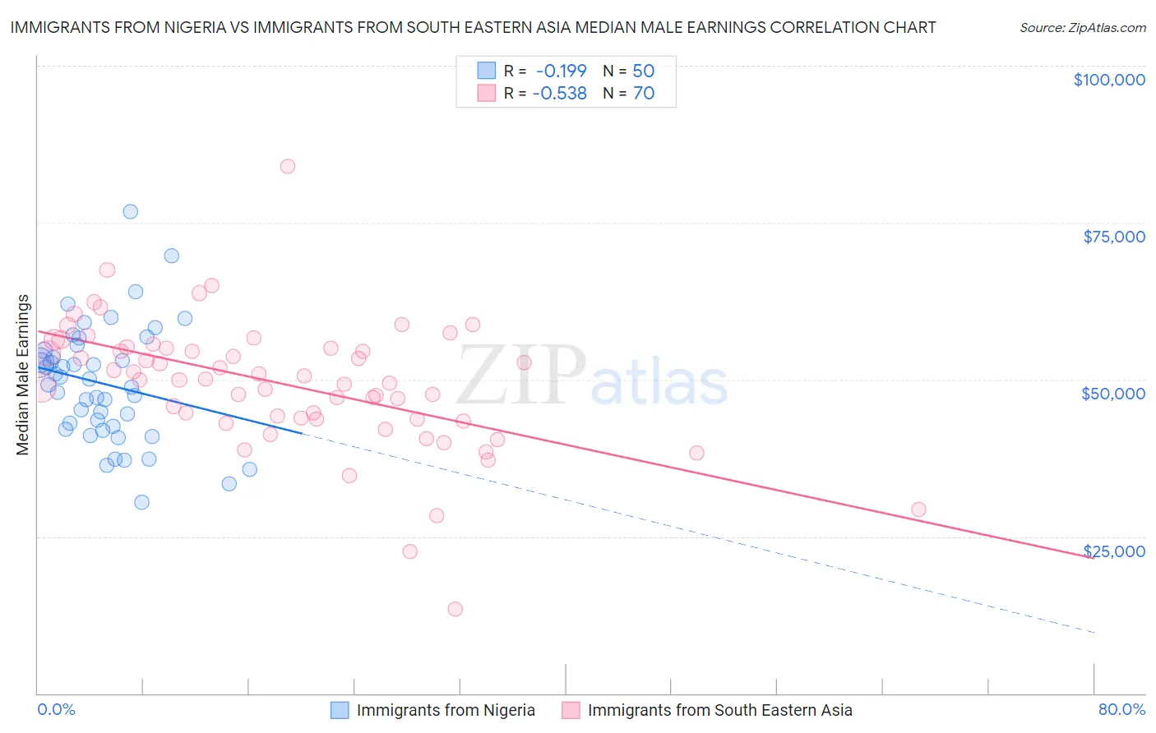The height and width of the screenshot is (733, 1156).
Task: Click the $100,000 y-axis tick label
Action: click(x=1108, y=80)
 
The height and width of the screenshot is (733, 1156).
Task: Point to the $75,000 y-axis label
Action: click(x=1113, y=237)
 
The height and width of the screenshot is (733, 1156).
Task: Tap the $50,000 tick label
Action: click(x=1112, y=394)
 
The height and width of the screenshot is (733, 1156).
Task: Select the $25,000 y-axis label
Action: click(x=1113, y=551)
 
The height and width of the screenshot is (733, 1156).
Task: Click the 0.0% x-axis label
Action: click(x=56, y=709)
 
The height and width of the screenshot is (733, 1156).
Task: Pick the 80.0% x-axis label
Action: click(x=1121, y=709)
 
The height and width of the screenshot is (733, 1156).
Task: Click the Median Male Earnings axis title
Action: click(x=23, y=375)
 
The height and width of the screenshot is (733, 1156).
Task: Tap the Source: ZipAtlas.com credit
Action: click(x=1082, y=28)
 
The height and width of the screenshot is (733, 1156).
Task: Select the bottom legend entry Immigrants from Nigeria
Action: click(x=445, y=710)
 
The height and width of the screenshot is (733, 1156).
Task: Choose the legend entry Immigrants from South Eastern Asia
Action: click(x=719, y=710)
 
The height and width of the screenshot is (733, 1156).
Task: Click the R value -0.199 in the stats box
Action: click(x=562, y=71)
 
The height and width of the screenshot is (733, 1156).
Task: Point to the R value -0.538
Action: click(x=560, y=94)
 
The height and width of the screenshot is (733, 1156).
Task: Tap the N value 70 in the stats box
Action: click(x=644, y=94)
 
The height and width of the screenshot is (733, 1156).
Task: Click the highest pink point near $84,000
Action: click(x=287, y=166)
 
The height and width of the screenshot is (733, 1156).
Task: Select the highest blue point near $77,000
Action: click(x=130, y=211)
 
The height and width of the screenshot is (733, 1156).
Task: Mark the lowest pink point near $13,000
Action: click(x=455, y=609)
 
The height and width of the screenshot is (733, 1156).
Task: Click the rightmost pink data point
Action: click(x=918, y=509)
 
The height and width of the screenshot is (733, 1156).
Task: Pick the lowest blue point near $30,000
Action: click(x=141, y=502)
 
